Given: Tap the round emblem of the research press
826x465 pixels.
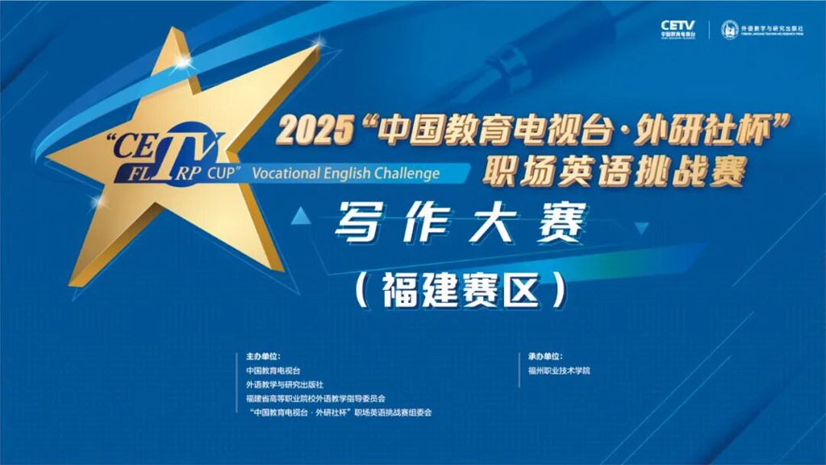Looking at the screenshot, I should pyautogui.click(x=728, y=29).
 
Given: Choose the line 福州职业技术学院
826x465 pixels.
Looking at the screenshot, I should pyautogui.click(x=559, y=370).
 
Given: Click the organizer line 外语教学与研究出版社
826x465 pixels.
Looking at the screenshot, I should pyautogui.click(x=285, y=384).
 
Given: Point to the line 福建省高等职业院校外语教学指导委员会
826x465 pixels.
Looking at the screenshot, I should pyautogui.click(x=316, y=398).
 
